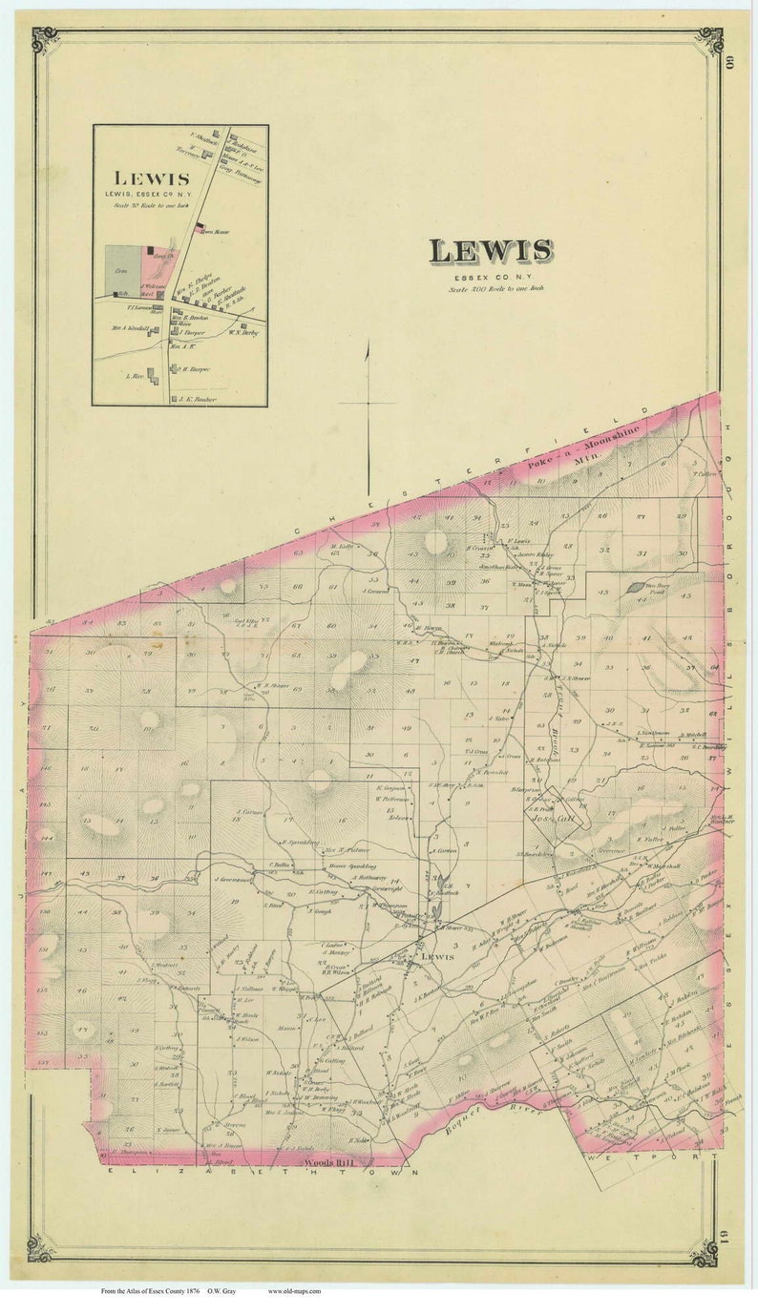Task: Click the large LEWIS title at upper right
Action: (491, 251)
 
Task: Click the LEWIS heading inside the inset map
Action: (152, 178)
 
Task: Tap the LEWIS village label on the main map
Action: (435, 956)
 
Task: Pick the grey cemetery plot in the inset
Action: (122, 267)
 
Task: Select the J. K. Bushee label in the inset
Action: (198, 399)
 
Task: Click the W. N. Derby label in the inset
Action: (244, 333)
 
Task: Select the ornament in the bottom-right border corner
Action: (705, 1251)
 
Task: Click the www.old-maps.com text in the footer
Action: (294, 1291)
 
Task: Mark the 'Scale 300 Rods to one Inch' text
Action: (491, 288)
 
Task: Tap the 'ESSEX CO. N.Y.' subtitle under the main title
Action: (491, 277)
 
